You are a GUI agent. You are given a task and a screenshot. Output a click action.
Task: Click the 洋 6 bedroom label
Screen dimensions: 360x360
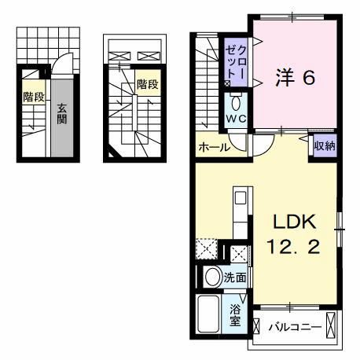[296, 77]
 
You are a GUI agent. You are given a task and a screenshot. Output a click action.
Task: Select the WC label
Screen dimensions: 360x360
[236, 119]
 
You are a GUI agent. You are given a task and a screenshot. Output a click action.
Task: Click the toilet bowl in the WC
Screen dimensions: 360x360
[237, 103]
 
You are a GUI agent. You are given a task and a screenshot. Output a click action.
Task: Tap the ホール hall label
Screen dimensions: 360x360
[215, 147]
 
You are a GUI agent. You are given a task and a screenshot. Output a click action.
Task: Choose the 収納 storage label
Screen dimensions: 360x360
[325, 145]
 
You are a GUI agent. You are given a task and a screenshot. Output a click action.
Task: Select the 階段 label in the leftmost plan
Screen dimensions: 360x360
[32, 97]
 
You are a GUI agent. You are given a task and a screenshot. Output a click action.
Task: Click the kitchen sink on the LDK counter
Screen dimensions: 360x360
[241, 197]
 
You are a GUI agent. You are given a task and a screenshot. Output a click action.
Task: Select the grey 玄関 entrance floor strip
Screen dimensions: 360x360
[61, 134]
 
